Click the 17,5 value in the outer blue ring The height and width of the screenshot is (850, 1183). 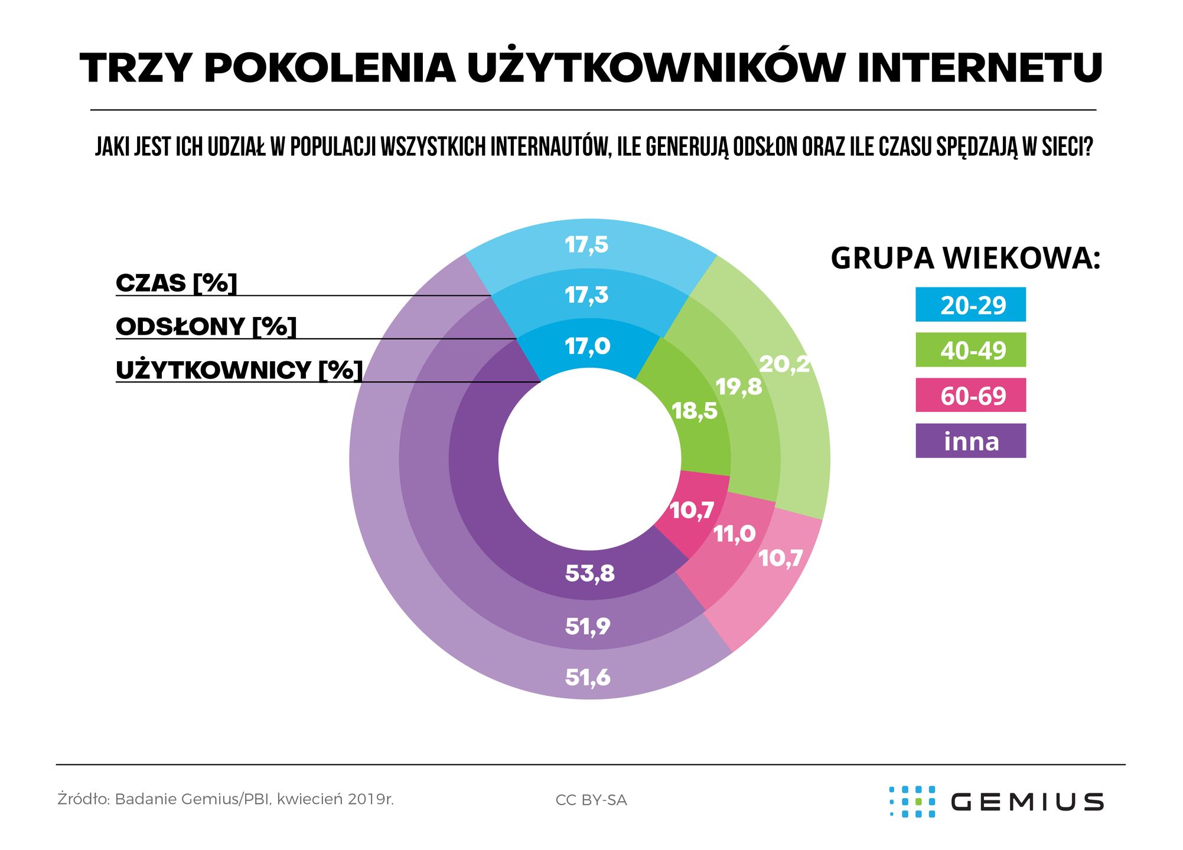[x=586, y=244]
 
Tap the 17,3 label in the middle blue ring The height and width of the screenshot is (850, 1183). [x=586, y=295]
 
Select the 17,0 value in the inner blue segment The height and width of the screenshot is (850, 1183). [x=587, y=346]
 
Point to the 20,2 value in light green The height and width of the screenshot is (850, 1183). [x=784, y=364]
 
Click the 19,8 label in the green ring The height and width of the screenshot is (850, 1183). [x=738, y=387]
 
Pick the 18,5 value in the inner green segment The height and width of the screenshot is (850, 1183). [x=695, y=411]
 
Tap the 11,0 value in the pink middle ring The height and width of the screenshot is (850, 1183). [x=734, y=534]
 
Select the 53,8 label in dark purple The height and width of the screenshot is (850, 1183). [x=589, y=573]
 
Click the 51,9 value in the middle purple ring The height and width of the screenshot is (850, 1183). [x=588, y=626]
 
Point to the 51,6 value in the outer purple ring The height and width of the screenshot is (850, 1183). [x=588, y=677]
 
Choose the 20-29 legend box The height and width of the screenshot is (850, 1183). [x=970, y=305]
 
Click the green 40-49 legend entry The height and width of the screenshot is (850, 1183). [x=970, y=350]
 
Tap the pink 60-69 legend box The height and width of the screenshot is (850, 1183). [x=970, y=395]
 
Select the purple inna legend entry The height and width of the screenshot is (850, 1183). [x=970, y=441]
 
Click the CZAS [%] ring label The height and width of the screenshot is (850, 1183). [x=176, y=283]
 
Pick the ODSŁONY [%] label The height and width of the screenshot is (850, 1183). [x=206, y=326]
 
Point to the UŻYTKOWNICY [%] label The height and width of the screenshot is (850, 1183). [x=239, y=370]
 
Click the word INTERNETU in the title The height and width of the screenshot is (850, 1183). [x=979, y=68]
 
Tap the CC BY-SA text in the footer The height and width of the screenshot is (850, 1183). [x=591, y=800]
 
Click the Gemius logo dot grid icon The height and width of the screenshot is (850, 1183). [x=912, y=802]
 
